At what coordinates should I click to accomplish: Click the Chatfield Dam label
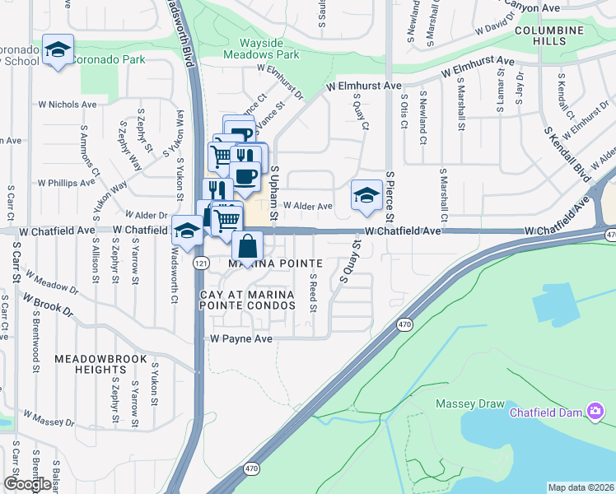click(548, 412)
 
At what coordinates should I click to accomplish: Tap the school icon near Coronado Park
click(58, 51)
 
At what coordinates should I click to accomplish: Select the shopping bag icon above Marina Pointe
click(248, 245)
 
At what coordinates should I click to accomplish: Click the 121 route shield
click(200, 262)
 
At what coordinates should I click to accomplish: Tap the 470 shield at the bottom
click(252, 468)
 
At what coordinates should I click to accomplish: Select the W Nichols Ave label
click(68, 105)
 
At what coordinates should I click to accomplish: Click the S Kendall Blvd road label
click(568, 154)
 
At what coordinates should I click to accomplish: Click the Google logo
click(26, 484)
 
